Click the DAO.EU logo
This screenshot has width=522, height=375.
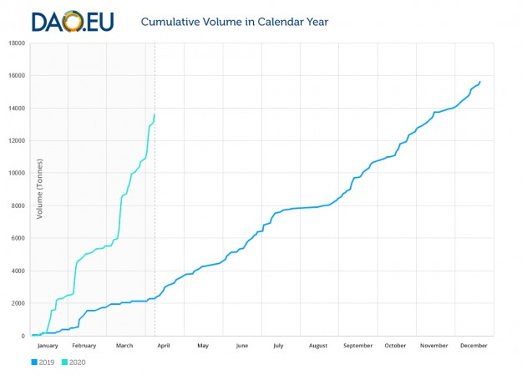coord(73,20)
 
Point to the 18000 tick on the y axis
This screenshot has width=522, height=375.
coord(16,43)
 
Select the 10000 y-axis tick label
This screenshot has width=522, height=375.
coord(16,174)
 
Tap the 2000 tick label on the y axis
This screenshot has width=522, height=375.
coord(18,303)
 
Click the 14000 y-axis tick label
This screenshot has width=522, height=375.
coord(16,109)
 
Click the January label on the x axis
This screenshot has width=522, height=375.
coord(48,345)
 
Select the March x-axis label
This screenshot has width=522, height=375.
coord(124,345)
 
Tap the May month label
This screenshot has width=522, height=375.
coord(203,345)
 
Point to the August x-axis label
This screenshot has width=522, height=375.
coord(318,345)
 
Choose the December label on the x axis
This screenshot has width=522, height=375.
coord(473,345)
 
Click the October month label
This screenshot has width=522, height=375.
coord(395,345)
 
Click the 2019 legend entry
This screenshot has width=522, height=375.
coord(45,362)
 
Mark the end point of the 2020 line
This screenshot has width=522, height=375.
coord(155,114)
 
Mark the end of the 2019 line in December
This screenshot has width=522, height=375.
coord(480,81)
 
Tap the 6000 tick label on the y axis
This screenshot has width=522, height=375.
coord(18,238)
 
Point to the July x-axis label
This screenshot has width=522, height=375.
coord(278,345)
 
